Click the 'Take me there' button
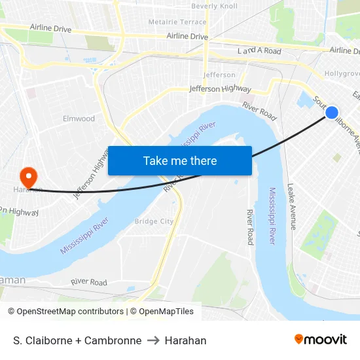click(180, 160)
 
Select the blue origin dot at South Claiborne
click(332, 113)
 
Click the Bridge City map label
click(154, 221)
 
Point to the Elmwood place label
click(79, 118)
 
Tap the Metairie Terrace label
click(177, 22)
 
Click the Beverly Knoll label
click(214, 6)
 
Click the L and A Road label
click(259, 51)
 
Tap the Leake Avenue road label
click(292, 207)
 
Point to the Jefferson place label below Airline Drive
click(219, 75)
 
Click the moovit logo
click(321, 339)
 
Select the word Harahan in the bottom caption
click(185, 340)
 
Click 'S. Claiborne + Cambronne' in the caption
click(77, 340)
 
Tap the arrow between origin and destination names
click(153, 340)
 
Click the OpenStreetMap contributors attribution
click(65, 312)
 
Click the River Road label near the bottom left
click(89, 282)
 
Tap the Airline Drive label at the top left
click(50, 28)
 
